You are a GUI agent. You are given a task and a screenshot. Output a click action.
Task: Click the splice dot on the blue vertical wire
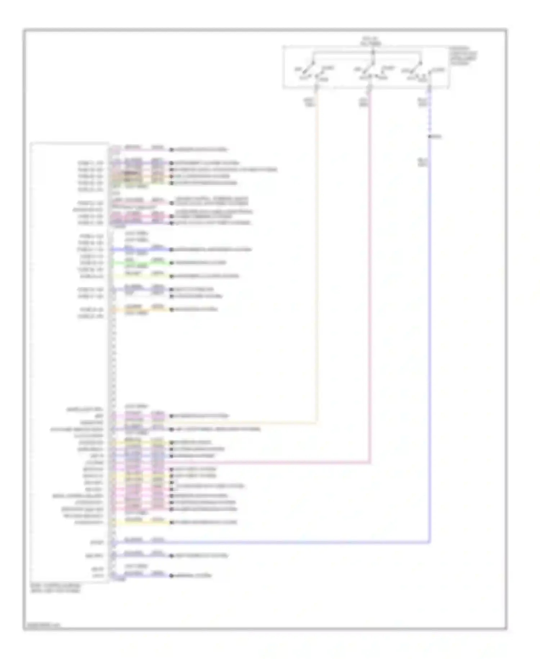(x=429, y=137)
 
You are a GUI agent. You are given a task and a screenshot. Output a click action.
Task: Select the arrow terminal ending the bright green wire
(x=172, y=263)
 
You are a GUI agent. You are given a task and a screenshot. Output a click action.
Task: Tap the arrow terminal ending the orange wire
(x=172, y=309)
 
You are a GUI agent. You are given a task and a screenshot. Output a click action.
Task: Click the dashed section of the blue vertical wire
(x=429, y=115)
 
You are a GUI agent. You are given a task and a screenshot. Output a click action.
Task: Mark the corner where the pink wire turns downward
(x=370, y=462)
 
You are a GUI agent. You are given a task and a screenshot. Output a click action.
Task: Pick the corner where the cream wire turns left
(x=317, y=422)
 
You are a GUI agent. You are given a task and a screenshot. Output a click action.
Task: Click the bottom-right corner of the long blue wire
(x=429, y=542)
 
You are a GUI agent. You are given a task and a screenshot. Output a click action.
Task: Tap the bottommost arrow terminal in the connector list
(x=172, y=576)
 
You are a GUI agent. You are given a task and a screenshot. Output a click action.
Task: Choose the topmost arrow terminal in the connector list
(x=172, y=150)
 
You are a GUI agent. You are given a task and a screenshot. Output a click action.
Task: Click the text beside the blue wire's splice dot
(x=437, y=137)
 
